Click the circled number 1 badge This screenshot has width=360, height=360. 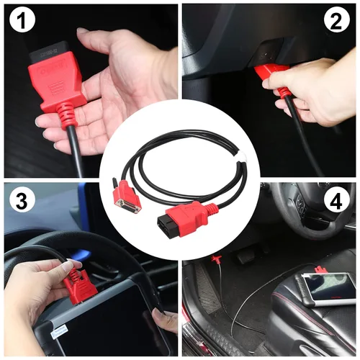22,21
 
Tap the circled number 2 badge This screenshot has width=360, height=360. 336,21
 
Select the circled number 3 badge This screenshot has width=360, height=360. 22,201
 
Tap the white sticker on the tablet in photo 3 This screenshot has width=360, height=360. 60,333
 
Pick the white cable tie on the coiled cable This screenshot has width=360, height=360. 240,156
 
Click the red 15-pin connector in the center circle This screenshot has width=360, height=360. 125,197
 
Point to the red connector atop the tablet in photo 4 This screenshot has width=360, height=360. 321,269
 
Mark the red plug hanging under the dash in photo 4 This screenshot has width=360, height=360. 216,259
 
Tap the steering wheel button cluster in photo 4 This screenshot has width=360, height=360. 300,204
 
